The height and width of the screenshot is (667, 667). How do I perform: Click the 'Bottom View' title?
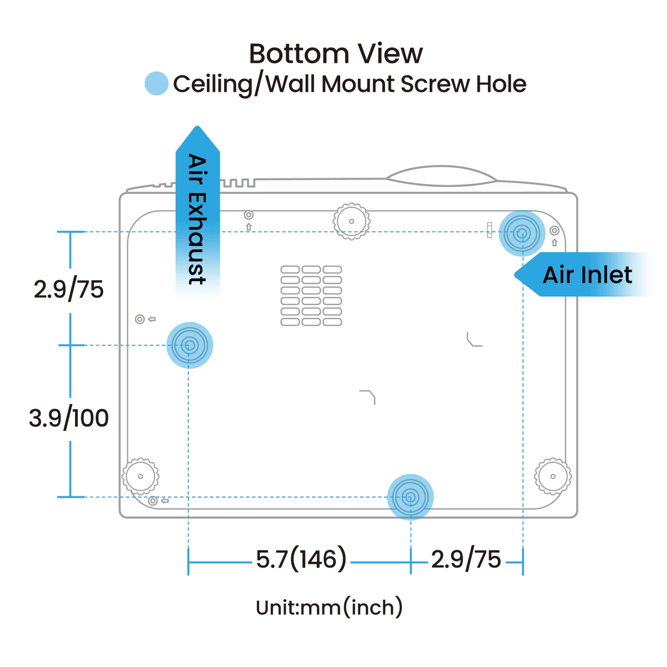point(336,54)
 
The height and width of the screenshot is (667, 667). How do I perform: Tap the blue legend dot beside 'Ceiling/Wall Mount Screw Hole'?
point(156,84)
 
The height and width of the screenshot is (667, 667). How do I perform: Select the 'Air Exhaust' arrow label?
point(197,217)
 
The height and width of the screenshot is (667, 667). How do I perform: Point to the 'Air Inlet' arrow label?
point(587,275)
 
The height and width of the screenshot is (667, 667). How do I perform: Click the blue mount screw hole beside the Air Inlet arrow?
point(521,233)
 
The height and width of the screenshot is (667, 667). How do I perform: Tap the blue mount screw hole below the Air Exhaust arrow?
point(190,345)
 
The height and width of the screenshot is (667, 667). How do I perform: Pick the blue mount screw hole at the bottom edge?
point(410,496)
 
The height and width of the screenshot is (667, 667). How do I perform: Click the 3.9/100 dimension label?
point(69,418)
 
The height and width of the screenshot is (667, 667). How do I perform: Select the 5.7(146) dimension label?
point(301,559)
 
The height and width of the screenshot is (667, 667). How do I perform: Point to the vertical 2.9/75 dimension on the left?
point(69,290)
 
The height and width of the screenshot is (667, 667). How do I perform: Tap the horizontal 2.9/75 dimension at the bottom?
point(466,559)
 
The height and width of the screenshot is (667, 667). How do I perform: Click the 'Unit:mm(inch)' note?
point(329,607)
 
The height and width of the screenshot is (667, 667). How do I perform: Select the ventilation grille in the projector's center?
point(311,296)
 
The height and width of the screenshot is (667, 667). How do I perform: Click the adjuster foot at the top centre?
point(351,221)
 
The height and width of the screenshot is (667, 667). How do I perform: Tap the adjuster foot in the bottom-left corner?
point(140,476)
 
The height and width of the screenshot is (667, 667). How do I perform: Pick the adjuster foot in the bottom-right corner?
point(553,476)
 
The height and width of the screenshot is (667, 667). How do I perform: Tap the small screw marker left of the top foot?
point(248,215)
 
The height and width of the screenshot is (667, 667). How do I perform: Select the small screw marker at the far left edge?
point(140,319)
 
